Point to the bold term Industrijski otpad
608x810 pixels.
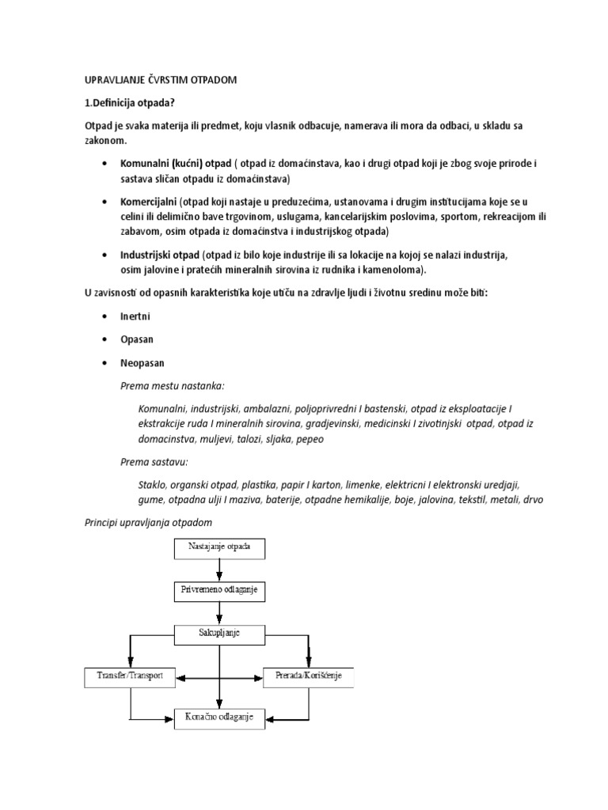(159, 255)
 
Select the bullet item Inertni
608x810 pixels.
(135, 316)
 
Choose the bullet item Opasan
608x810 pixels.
(138, 339)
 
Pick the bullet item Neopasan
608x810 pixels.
(142, 362)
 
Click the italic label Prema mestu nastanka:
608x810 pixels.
(172, 385)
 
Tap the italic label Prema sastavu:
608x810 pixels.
(154, 461)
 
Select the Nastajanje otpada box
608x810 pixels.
(218, 547)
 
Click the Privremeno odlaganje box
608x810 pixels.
(218, 590)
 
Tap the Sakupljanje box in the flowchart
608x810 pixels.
(218, 634)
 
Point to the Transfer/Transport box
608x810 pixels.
(130, 677)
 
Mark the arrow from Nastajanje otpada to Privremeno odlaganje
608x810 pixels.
(219, 570)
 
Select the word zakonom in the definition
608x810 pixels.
(104, 140)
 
